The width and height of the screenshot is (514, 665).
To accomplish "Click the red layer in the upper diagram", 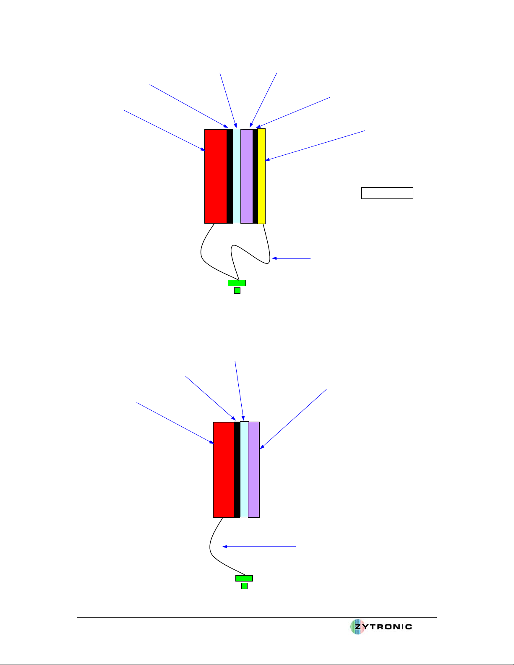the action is [x=216, y=176].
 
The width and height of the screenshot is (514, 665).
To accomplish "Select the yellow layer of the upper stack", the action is [x=261, y=176].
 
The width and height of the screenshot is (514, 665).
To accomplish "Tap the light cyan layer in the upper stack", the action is [x=237, y=176].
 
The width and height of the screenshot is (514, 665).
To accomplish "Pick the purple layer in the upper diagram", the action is [x=247, y=176].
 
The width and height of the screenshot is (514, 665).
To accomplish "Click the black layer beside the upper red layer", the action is [x=230, y=176].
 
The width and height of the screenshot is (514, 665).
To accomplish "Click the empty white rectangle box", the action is [x=387, y=193].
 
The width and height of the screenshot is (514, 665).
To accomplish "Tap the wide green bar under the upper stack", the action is [x=237, y=283].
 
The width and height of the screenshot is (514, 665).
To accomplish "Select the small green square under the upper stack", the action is [x=237, y=290].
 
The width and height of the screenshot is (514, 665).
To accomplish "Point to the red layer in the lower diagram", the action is [x=224, y=470].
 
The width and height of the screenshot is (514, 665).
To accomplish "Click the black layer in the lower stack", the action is [x=237, y=469].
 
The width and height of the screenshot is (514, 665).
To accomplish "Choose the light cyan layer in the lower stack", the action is [x=244, y=469].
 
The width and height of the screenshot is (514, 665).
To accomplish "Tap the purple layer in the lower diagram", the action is [x=253, y=469].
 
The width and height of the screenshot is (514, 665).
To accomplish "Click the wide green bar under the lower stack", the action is [x=244, y=578].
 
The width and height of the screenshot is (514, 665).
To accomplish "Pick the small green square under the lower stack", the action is [x=245, y=586].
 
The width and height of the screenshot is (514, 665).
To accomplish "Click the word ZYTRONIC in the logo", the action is [x=384, y=626].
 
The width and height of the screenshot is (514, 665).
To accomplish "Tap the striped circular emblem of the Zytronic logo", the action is [x=357, y=626].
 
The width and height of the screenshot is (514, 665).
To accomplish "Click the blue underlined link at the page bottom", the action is [x=83, y=661].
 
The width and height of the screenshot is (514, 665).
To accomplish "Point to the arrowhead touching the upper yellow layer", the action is [x=267, y=159].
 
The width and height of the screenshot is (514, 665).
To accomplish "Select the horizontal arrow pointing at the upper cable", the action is [x=291, y=258].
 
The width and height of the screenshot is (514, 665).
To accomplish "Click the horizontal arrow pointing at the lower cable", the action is [x=259, y=547].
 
